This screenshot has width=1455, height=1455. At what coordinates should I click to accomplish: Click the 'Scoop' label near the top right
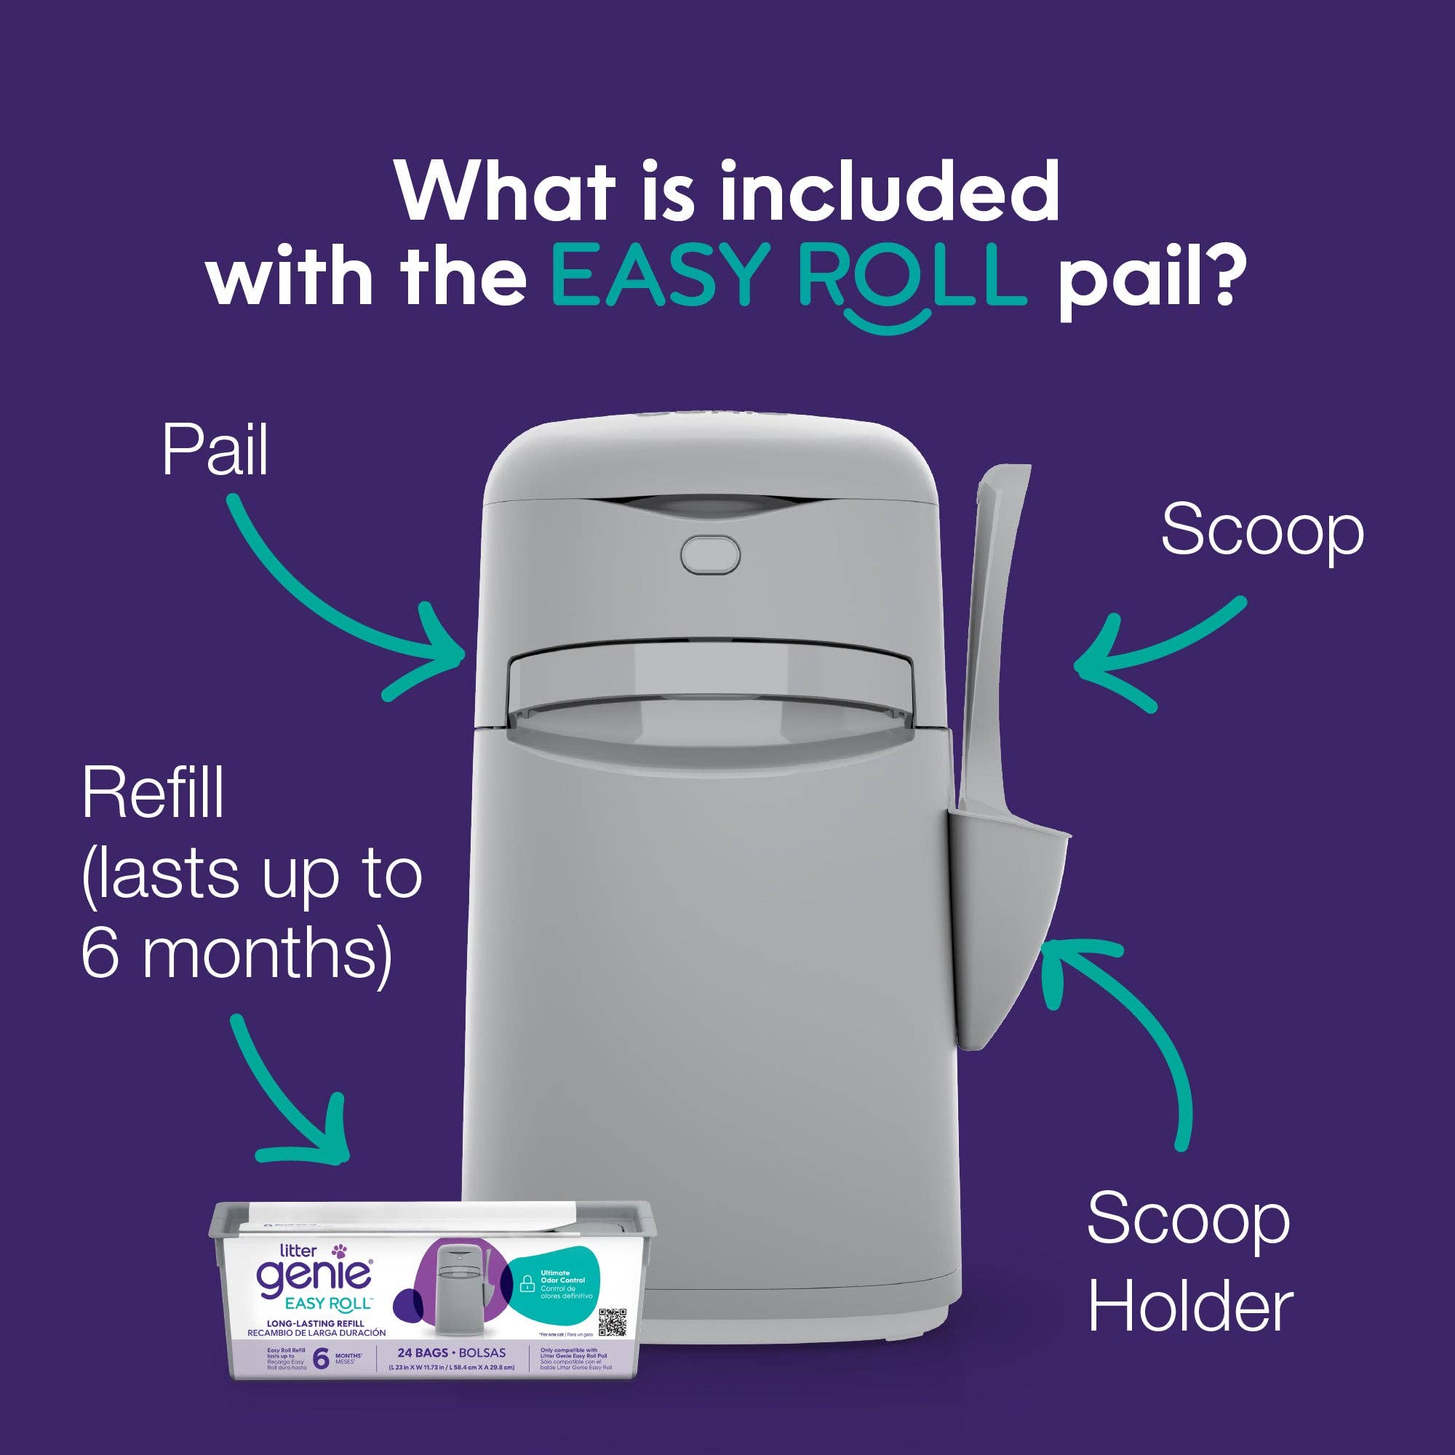pos(1262,530)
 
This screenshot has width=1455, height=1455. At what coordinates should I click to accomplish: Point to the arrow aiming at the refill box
pos(294,1099)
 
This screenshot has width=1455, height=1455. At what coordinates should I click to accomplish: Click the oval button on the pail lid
pos(710,554)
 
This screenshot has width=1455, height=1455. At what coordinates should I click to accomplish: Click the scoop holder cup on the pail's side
pos(1009,934)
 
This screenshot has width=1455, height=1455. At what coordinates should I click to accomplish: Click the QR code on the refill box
pos(613,1322)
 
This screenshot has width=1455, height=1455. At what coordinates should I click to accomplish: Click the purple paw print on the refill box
pos(342,1251)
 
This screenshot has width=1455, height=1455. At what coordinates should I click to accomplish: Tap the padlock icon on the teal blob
pos(528,1283)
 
